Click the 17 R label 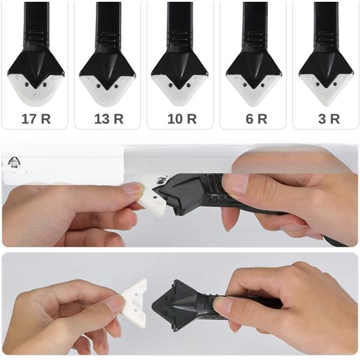click(x=36, y=118)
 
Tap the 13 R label click(x=109, y=118)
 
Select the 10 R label click(x=182, y=118)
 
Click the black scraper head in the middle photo click(x=186, y=192)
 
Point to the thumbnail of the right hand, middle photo click(x=234, y=183)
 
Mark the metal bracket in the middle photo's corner click(x=13, y=163)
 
